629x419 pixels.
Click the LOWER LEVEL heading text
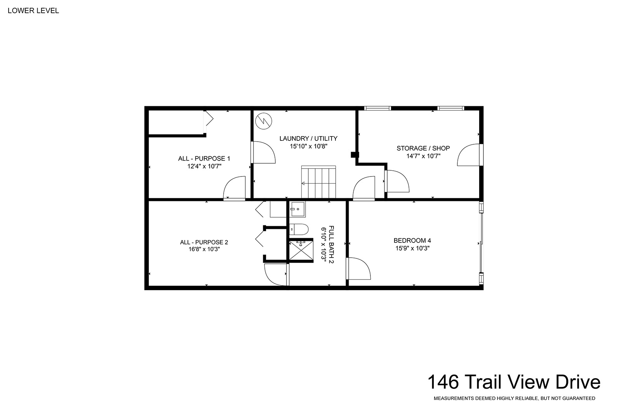[x=33, y=10]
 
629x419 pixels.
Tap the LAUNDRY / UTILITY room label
[x=308, y=139]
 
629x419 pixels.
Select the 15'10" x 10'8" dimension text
[x=309, y=146]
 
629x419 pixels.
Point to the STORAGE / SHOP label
[x=423, y=148]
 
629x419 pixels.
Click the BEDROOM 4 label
[x=412, y=241]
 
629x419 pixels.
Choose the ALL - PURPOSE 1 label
[x=204, y=159]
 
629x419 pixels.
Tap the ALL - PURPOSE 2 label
[x=204, y=242]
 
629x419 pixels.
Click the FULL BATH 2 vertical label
[x=331, y=244]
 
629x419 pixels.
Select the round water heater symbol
[x=264, y=121]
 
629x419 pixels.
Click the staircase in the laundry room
[x=318, y=182]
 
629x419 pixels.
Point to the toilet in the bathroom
[x=299, y=229]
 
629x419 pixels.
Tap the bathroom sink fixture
[x=297, y=209]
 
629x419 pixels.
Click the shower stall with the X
[x=301, y=250]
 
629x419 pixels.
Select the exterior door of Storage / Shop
[x=470, y=155]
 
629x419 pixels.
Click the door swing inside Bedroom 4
[x=358, y=268]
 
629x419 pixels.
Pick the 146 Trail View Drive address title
[x=514, y=382]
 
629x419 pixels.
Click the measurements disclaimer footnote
[x=514, y=398]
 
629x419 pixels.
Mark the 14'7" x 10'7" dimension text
[x=424, y=156]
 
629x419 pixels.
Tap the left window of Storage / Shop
[x=377, y=108]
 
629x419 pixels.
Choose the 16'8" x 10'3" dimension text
[x=204, y=249]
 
